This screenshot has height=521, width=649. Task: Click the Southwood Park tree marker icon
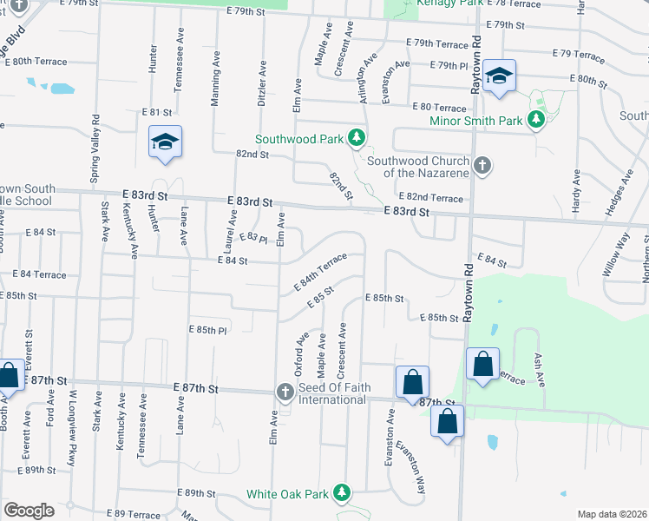(356, 137)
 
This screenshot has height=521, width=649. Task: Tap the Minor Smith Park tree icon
(536, 120)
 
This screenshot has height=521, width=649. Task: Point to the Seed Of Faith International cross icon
(284, 392)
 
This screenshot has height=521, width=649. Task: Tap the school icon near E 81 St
(164, 142)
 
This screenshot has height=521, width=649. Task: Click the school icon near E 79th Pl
(500, 76)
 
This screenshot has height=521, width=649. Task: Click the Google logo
(29, 511)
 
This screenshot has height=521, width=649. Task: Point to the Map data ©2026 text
(612, 514)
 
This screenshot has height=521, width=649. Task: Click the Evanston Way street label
(410, 468)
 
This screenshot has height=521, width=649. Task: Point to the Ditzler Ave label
(260, 82)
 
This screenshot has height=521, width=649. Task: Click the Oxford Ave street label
(301, 350)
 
